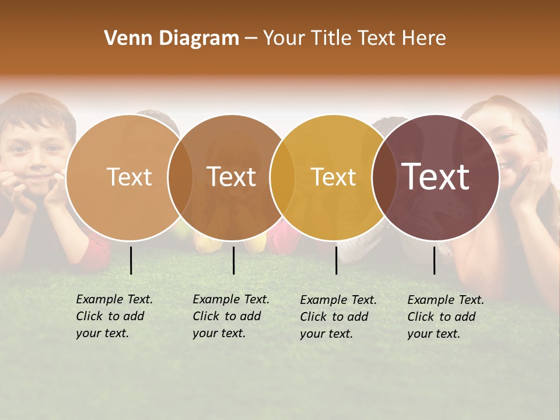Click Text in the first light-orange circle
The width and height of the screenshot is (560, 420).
pos(129,177)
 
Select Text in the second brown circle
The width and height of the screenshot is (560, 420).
pos(232,177)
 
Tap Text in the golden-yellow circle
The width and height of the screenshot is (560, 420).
pos(333,177)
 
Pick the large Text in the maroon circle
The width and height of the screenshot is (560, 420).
pos(436,177)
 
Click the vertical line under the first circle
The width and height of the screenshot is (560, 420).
pos(131,260)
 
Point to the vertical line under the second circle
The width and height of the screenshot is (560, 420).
pos(233,260)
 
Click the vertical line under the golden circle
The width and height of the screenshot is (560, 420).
pos(336,260)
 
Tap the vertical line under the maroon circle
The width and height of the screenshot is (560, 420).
pos(435,260)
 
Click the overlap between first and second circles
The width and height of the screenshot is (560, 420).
pos(180,177)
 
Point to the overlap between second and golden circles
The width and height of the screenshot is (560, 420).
pos(282,177)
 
